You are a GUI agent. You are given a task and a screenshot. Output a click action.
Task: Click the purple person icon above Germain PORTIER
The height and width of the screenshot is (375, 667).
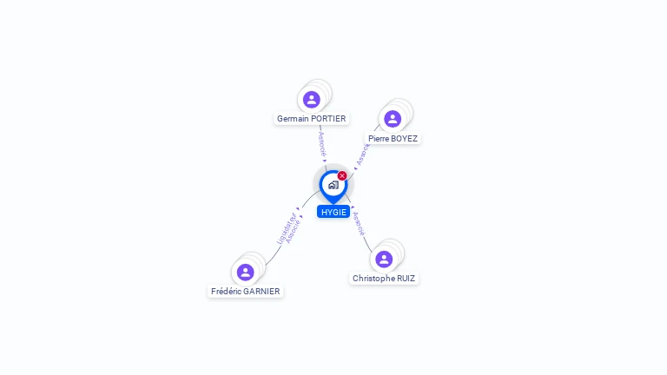tap(312, 100)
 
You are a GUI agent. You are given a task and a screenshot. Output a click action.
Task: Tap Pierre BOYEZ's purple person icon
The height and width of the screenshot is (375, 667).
tap(392, 119)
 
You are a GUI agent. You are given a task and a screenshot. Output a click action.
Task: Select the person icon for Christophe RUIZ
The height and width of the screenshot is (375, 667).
tap(384, 260)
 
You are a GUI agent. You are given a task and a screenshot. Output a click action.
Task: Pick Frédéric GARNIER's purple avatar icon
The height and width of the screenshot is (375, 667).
tap(246, 273)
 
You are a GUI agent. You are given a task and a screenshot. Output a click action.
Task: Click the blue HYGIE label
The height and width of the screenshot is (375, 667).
tap(333, 212)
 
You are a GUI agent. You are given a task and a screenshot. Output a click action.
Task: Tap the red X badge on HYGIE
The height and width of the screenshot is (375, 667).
tap(342, 175)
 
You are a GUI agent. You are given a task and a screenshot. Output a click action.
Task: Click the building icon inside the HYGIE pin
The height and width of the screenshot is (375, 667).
tap(333, 185)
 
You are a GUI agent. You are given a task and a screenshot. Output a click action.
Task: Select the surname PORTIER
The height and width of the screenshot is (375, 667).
tap(328, 119)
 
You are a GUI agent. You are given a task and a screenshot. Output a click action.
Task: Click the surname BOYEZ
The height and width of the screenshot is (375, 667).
tap(404, 139)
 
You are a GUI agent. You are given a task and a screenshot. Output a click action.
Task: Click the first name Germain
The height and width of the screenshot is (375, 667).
tap(293, 119)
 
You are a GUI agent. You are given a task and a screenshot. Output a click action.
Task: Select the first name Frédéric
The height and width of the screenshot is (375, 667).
tap(226, 292)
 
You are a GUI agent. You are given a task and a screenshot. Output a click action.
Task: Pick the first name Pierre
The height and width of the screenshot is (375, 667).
tap(379, 139)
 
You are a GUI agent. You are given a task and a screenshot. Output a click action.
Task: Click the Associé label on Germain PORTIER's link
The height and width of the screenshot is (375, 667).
tap(322, 143)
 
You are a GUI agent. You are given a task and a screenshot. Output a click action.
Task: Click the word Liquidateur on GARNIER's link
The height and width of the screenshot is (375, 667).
tap(285, 227)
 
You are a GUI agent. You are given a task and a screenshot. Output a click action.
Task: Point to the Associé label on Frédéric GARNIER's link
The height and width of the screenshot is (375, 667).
tap(293, 231)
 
